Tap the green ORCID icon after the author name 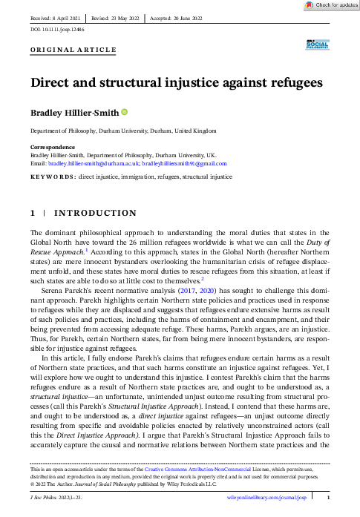tap(124, 112)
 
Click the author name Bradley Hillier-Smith tap(73, 113)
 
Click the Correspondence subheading tap(51, 148)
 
